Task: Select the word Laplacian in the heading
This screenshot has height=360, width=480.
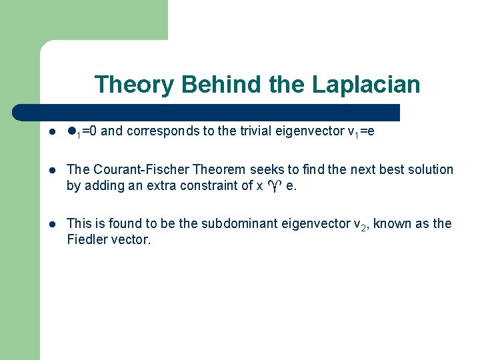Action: point(366,85)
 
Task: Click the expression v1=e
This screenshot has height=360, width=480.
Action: point(361,132)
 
